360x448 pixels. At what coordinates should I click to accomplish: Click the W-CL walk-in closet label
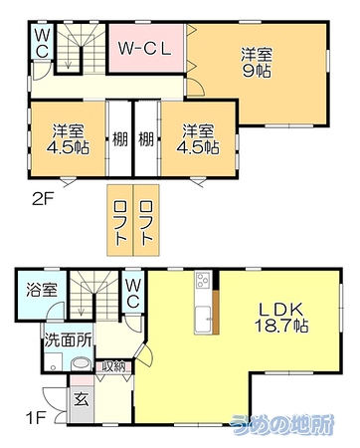point(145,49)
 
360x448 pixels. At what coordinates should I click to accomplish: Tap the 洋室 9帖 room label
point(257,63)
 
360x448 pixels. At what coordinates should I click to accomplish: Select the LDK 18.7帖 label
point(281,318)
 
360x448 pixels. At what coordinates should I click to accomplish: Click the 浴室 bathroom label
point(42,290)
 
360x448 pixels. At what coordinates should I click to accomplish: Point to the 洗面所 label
point(68,339)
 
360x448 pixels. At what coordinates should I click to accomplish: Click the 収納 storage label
point(113,366)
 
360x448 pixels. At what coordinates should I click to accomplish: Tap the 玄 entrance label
point(82,399)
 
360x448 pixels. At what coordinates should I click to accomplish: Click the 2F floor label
point(43,200)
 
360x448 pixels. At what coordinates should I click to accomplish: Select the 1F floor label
point(35,418)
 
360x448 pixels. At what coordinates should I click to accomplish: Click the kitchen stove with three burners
point(203,281)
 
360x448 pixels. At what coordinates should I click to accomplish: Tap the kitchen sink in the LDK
point(203,319)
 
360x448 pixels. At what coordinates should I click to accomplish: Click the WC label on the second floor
point(42,43)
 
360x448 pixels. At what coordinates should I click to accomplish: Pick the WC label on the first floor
point(132,293)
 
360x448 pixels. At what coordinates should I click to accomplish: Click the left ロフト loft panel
point(120,220)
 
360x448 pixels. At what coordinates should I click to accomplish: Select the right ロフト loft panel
point(146,220)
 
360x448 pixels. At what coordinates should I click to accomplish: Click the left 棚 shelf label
point(119,138)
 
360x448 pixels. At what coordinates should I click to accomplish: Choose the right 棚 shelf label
point(146,138)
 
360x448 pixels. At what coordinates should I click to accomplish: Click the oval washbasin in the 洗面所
point(82,363)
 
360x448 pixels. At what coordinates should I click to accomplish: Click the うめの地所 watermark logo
point(282,425)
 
